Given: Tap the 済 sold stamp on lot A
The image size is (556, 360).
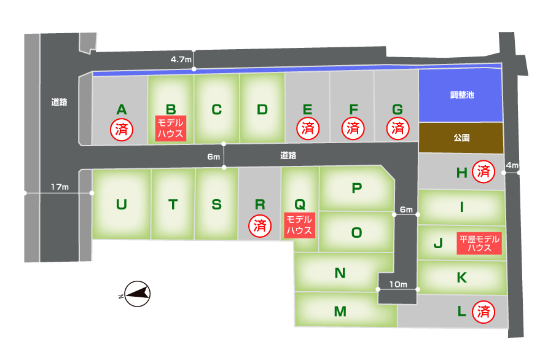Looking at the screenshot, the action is click(122, 130).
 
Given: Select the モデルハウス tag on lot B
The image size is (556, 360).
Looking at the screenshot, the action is click(171, 128).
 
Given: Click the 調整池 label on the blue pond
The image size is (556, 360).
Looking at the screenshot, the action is click(461, 95).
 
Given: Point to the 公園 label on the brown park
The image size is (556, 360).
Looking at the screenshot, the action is click(461, 138).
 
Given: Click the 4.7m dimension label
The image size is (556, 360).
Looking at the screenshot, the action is click(181, 59).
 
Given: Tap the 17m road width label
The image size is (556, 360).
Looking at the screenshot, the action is click(60, 187).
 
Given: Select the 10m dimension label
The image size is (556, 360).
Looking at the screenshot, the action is click(398, 284).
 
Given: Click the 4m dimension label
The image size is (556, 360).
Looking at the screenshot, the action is click(512, 165).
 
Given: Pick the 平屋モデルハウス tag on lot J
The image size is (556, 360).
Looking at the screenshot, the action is click(479, 243).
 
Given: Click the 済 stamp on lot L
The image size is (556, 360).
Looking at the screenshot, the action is click(484, 311).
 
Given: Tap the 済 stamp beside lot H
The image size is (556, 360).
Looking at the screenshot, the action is click(484, 171).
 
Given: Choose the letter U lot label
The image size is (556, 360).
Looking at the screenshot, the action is click(122, 205).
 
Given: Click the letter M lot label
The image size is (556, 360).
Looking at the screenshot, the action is click(340, 311).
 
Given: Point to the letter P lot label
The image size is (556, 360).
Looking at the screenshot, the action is click(357, 188).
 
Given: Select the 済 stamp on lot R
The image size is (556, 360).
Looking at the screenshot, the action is click(260, 225).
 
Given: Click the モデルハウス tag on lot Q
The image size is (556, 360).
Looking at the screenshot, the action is click(299, 225).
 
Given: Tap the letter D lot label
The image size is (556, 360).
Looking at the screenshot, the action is click(262, 109).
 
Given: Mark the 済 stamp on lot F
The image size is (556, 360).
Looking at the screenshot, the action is click(353, 128).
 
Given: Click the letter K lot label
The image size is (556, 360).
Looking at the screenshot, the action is click(461, 278).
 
